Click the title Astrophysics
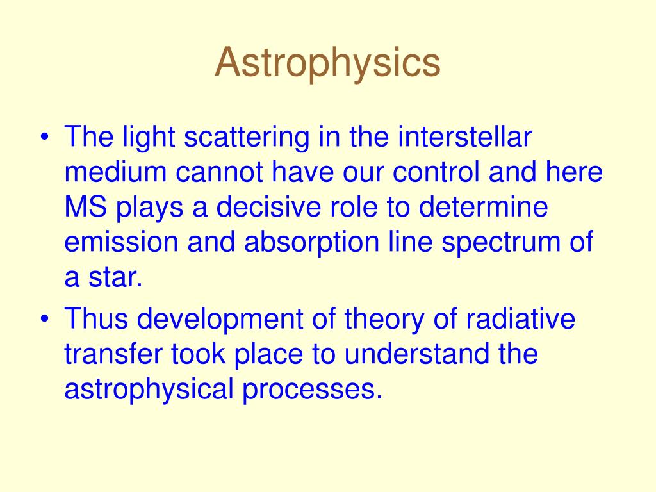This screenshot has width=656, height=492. click(x=327, y=63)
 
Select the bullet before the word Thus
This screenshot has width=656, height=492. click(x=45, y=319)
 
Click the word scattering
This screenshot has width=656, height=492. click(x=247, y=138)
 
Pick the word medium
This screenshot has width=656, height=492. click(x=115, y=172)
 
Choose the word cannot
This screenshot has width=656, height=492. click(x=219, y=173)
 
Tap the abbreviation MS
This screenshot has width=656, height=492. click(x=86, y=207)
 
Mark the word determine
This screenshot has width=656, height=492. click(x=483, y=207)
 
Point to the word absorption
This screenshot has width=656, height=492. click(x=312, y=243)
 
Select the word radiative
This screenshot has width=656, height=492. click(x=520, y=318)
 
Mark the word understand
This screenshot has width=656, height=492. click(x=416, y=354)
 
